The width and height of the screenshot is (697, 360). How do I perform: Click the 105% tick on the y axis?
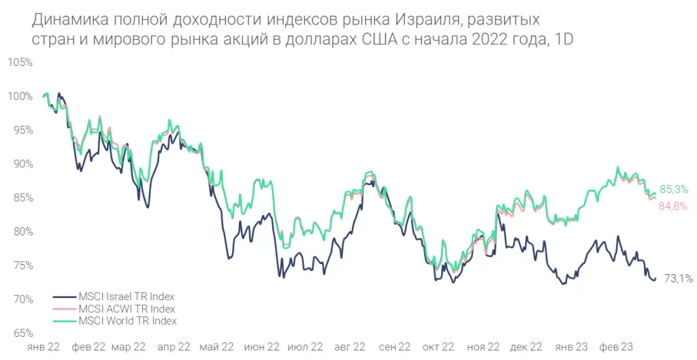tap(20, 63)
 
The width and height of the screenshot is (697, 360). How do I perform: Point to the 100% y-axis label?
tap(20, 97)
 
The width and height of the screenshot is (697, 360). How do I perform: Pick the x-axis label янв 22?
tap(43, 346)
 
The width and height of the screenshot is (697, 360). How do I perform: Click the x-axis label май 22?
tap(216, 346)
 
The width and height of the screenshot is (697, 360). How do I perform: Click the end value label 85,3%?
tap(674, 190)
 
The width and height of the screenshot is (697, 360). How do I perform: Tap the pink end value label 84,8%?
tap(672, 206)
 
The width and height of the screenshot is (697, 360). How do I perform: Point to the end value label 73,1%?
tap(679, 278)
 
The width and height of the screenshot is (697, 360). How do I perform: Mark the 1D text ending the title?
tap(564, 39)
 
